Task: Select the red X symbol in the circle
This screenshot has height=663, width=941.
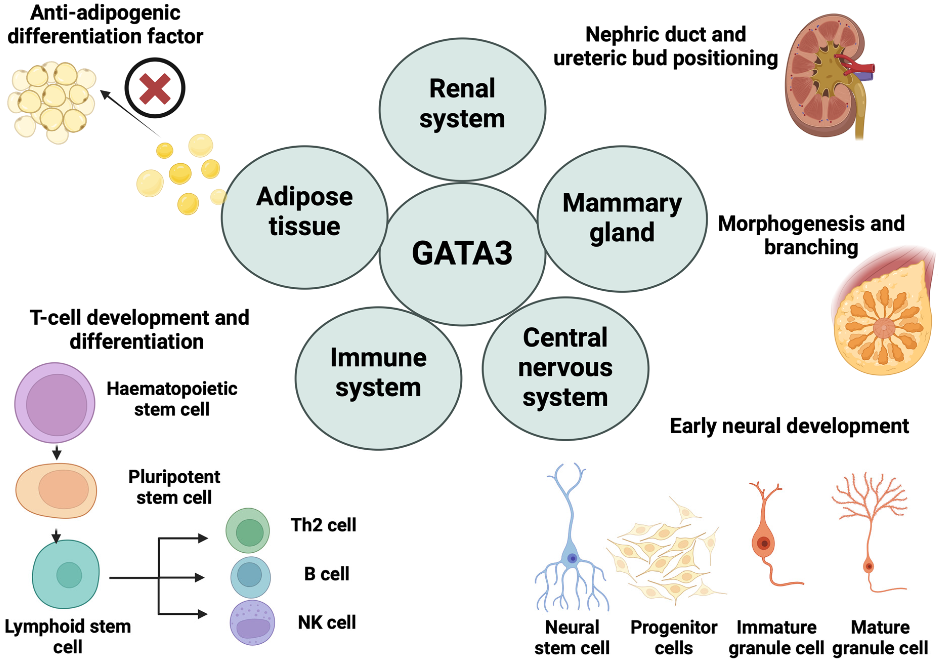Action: coord(155,88)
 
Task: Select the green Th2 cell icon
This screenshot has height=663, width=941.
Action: coord(248,531)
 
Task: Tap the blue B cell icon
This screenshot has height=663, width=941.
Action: coord(250,576)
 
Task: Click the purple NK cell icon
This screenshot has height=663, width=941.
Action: coord(252,622)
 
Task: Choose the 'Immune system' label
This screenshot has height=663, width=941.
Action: coord(378,372)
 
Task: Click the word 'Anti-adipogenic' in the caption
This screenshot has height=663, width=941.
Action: coord(105,13)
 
